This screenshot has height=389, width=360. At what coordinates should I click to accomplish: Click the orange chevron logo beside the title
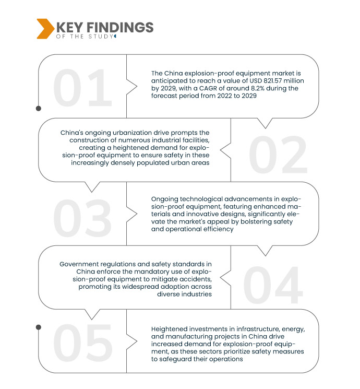(44, 29)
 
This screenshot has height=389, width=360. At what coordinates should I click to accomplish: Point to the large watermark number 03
(82, 217)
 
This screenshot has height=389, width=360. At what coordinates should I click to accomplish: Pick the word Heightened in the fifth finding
(170, 329)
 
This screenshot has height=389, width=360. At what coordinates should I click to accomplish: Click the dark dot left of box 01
(38, 109)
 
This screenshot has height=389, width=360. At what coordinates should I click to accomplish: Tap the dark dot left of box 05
(38, 327)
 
